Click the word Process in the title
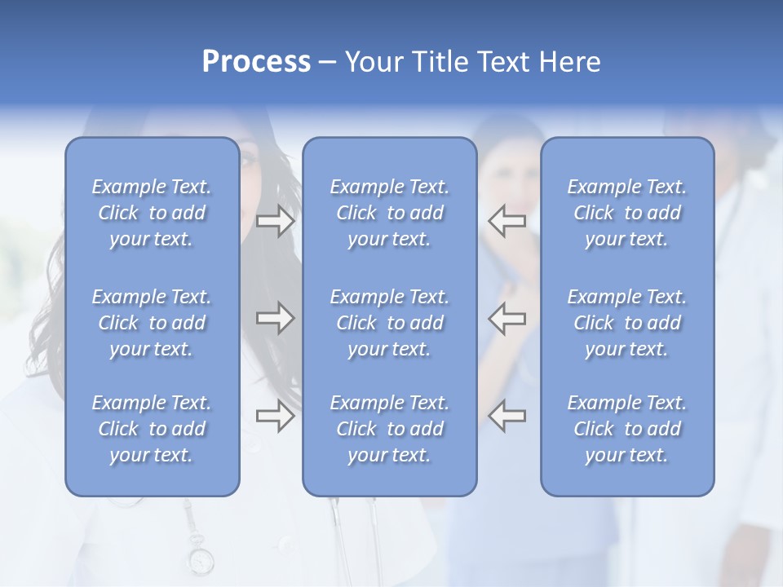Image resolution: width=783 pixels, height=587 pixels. [256, 62]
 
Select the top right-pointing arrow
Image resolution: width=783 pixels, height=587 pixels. [275, 221]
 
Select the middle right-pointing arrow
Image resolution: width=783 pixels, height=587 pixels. [275, 318]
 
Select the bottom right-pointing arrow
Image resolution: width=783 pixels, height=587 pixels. [275, 416]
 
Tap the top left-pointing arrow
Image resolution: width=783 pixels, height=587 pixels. [507, 221]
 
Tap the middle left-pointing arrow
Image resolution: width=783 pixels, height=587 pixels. [507, 318]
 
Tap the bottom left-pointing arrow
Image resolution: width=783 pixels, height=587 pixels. [507, 416]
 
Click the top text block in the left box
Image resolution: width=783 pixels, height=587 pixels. [152, 213]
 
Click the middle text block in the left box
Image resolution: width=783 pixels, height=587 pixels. [152, 323]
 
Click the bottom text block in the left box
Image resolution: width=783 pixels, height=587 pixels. [152, 429]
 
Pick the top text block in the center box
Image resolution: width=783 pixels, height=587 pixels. [389, 213]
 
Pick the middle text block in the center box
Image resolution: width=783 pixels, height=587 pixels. [389, 323]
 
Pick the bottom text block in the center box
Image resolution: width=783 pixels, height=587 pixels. [389, 429]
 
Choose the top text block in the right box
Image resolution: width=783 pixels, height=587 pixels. [626, 213]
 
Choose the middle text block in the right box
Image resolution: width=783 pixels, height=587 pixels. [626, 323]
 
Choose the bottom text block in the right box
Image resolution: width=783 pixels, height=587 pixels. [626, 429]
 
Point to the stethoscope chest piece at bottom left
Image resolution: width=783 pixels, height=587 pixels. [200, 560]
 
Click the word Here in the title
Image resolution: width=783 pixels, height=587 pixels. [568, 62]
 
